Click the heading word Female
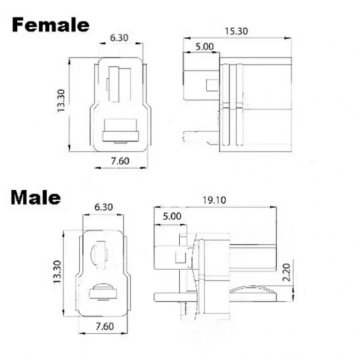click(x=50, y=25)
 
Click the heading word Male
click(x=36, y=197)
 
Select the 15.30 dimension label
click(x=236, y=31)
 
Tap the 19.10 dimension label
click(x=214, y=200)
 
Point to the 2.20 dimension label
click(x=286, y=272)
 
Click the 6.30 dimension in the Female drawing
click(x=119, y=38)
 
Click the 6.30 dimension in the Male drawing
click(x=103, y=207)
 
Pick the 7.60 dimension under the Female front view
click(x=120, y=161)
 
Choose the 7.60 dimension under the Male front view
click(x=104, y=326)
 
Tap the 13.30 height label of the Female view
click(x=61, y=101)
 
